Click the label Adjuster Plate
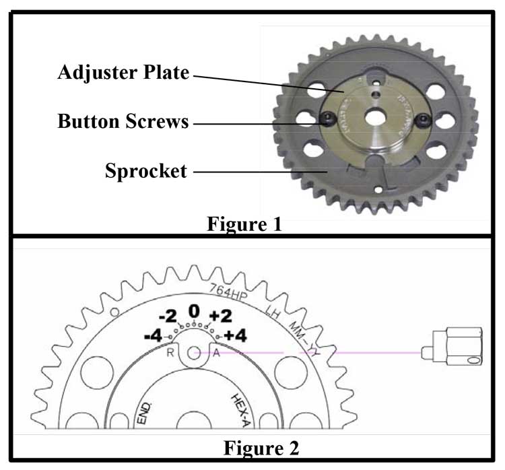coord(123,73)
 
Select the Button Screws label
coord(123,122)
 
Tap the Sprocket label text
coord(145,171)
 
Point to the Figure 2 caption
coord(260,447)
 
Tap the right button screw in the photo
coord(424,121)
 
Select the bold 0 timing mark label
coord(194,310)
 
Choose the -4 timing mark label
coord(154,335)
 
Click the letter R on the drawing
coord(171,351)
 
